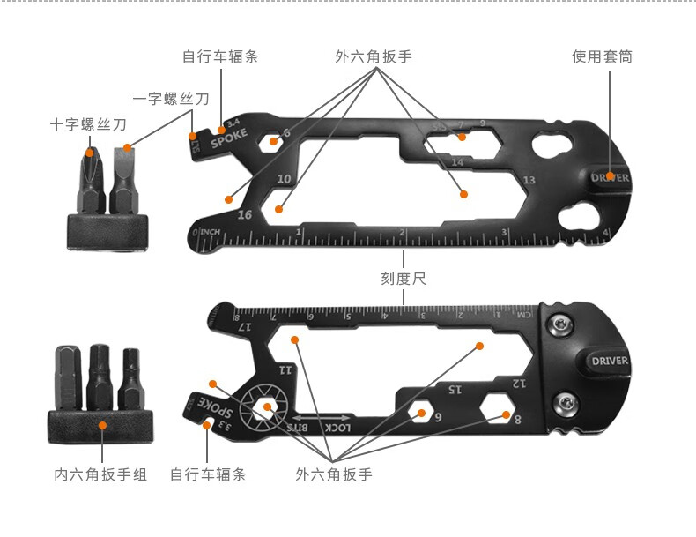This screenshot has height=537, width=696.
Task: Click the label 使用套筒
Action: (602, 57)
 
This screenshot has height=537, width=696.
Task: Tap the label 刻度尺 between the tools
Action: (403, 279)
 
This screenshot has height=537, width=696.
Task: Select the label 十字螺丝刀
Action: (88, 125)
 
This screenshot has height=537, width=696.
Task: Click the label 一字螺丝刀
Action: (171, 100)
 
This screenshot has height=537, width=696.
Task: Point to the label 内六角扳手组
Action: (100, 474)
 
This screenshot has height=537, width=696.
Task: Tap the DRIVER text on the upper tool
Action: (611, 177)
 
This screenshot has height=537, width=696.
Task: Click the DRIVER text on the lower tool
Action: (611, 361)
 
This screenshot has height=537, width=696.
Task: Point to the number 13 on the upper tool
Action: (529, 180)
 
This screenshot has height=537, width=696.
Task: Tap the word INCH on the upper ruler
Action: (211, 232)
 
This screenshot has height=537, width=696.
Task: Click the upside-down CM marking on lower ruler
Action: (524, 314)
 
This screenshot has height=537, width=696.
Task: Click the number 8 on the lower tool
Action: (518, 419)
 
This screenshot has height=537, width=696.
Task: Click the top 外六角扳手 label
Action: (374, 57)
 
